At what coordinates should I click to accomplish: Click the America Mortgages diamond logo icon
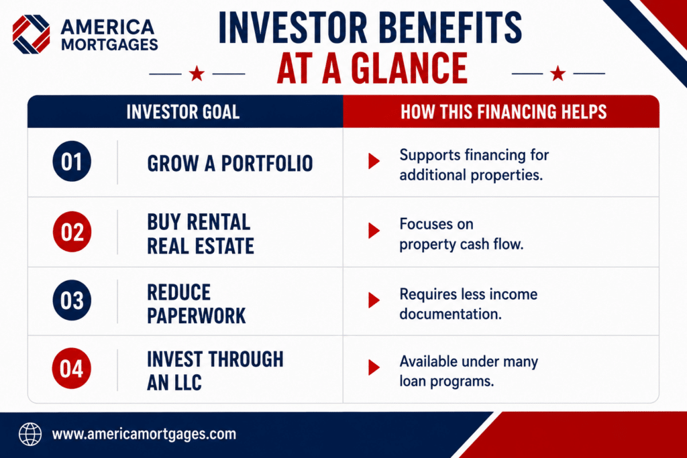[x=31, y=34]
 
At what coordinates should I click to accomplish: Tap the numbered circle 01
[x=72, y=162]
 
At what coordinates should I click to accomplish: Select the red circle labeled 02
[x=72, y=231]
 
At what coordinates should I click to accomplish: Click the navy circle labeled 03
[x=72, y=300]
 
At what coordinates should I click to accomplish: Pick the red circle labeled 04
[x=72, y=368]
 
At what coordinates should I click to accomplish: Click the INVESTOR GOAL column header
[x=183, y=112]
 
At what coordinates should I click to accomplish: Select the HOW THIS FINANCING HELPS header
[x=504, y=112]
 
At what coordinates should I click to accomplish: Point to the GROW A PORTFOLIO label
[x=230, y=164]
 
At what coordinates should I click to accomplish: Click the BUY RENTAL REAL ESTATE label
[x=201, y=234]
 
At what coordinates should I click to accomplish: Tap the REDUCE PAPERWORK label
[x=197, y=304]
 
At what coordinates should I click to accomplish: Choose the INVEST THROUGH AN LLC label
[x=215, y=371]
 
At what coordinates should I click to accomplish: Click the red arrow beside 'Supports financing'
[x=374, y=161]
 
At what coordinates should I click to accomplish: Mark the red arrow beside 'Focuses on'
[x=374, y=231]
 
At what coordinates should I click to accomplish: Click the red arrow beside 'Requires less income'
[x=374, y=300]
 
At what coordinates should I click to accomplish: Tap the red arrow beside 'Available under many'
[x=374, y=367]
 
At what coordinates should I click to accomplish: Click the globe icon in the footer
[x=30, y=435]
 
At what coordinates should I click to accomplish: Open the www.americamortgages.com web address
[x=144, y=435]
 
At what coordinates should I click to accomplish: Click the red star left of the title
[x=197, y=74]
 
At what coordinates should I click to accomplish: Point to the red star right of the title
[x=558, y=74]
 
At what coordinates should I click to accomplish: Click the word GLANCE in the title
[x=409, y=68]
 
